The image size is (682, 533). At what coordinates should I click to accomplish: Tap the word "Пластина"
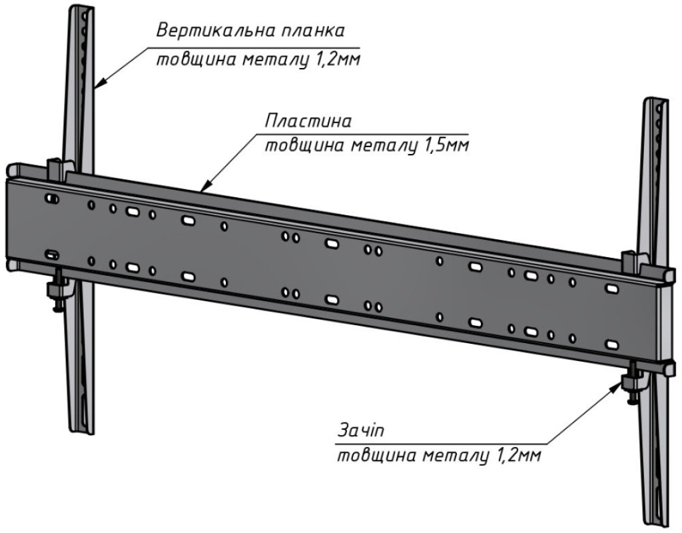[x=308, y=122]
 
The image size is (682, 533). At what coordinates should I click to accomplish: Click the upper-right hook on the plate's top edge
[x=631, y=260]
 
